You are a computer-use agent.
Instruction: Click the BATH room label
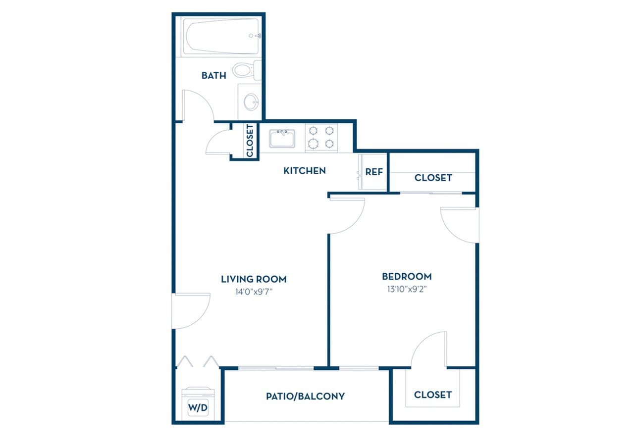click(x=213, y=76)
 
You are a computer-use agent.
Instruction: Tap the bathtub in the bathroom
click(x=221, y=37)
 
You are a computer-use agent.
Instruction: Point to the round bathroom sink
click(x=251, y=102)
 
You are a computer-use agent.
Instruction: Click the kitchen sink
click(x=282, y=138)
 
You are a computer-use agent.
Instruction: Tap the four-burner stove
click(x=321, y=137)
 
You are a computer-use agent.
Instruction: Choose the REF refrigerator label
click(x=374, y=172)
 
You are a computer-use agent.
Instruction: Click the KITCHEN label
click(x=304, y=171)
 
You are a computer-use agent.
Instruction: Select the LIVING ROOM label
click(x=254, y=279)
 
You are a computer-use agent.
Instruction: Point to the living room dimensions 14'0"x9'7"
click(x=254, y=292)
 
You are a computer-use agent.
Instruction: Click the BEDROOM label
click(x=406, y=277)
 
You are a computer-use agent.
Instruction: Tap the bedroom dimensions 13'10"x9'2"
click(x=406, y=289)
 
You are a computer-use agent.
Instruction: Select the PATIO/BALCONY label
click(x=305, y=396)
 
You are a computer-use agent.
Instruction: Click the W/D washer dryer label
click(x=198, y=408)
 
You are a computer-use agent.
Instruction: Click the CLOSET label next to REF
click(x=433, y=177)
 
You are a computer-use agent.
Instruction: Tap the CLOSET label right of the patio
click(x=433, y=395)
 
